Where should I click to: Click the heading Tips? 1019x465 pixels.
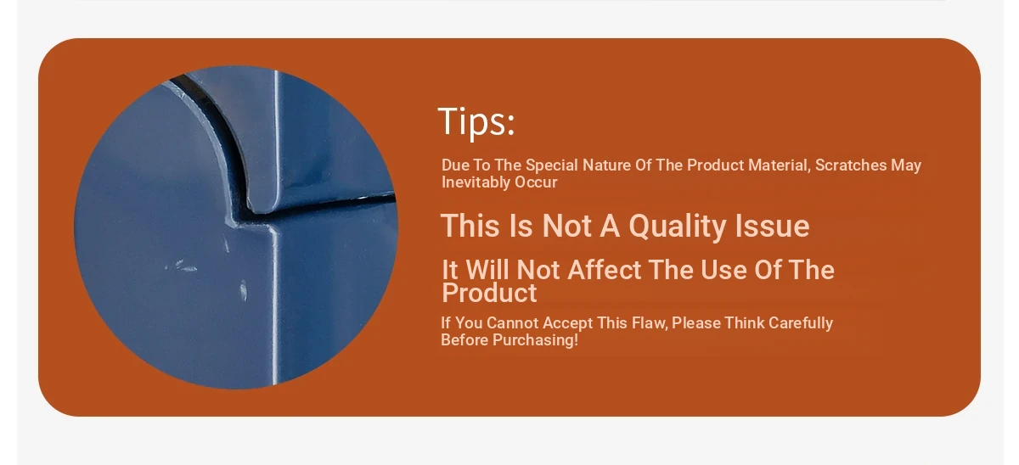tap(476, 121)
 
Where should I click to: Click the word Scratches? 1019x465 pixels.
tap(851, 165)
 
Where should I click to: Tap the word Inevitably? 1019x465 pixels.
tap(476, 182)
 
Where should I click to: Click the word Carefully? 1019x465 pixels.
tap(801, 322)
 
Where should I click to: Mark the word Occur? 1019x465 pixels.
tap(536, 182)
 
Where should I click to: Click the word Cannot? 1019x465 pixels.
tap(512, 322)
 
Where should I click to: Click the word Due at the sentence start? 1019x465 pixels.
tap(455, 165)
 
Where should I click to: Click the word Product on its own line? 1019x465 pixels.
tap(489, 293)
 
